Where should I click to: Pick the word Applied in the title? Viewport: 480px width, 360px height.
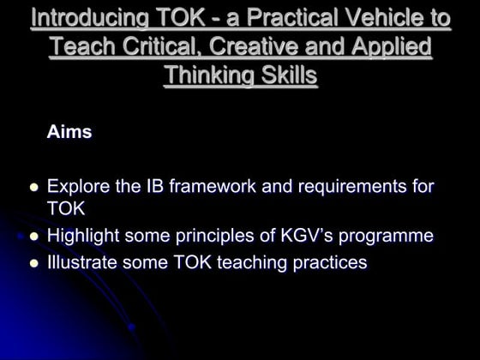pos(387,46)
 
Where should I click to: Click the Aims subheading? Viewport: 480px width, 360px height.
pos(69,133)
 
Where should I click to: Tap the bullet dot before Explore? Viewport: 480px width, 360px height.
pos(35,186)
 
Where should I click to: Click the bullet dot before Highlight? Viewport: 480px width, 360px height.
pos(35,237)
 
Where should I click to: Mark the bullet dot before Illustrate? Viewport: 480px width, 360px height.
pos(35,263)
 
